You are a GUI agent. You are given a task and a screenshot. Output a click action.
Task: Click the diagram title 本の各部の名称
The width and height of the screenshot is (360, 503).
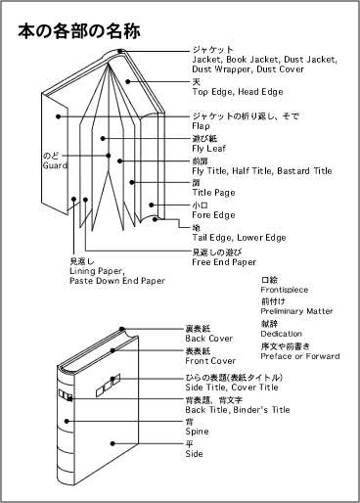coord(79,31)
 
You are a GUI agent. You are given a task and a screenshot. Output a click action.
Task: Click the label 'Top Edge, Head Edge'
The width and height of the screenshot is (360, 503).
coord(238,92)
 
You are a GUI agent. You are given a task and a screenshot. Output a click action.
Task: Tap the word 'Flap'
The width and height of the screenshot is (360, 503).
coord(201,126)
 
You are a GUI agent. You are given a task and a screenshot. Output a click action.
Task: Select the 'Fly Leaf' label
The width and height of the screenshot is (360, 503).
coord(209,149)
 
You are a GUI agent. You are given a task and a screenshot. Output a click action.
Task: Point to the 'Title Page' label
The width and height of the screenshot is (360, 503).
coord(213,193)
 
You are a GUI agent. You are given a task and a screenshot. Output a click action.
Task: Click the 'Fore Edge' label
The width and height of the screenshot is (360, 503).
coord(213,215)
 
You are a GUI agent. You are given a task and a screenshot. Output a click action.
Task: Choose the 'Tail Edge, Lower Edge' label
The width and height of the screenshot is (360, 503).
coord(239,238)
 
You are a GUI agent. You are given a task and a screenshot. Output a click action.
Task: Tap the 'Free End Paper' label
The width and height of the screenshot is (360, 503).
coord(224,262)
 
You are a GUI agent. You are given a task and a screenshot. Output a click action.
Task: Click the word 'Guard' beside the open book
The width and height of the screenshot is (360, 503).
coord(55,165)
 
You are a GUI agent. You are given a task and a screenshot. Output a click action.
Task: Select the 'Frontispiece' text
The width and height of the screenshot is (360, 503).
coord(285,290)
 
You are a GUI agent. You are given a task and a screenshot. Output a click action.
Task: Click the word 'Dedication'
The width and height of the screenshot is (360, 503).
coord(282,334)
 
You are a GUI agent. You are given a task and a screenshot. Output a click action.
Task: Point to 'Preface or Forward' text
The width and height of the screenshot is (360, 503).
coord(300,356)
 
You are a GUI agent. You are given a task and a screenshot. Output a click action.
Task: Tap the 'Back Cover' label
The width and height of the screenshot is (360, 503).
coord(209,339)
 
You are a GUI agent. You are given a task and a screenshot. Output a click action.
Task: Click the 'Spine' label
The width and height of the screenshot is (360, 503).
coord(197,432)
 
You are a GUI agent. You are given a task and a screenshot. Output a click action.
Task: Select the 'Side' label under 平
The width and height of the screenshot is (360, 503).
coord(194,454)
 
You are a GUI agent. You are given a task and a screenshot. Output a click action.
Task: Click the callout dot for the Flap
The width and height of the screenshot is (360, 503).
coord(58,116)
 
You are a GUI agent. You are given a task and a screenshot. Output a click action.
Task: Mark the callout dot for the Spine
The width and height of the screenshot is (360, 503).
coord(67,421)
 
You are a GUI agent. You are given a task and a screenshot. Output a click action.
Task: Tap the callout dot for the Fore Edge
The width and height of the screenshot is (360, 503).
coord(152,205)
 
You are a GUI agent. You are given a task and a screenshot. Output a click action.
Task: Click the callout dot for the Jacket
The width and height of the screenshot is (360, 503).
coord(120,51)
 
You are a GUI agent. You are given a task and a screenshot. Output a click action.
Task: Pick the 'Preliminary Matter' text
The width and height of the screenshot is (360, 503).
coord(297,311)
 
